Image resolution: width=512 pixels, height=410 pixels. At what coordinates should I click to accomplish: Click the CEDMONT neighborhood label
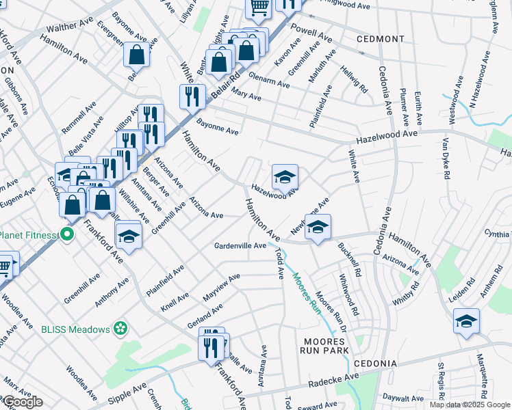[381, 39]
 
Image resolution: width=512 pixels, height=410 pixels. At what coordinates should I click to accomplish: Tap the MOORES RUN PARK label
[325, 346]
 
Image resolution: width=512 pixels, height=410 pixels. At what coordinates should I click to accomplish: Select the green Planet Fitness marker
[66, 235]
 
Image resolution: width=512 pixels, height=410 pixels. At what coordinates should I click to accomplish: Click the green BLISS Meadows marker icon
[120, 329]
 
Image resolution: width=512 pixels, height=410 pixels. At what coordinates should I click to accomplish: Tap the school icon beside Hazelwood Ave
[285, 176]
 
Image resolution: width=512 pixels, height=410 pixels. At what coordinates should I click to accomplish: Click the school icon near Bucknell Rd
[318, 227]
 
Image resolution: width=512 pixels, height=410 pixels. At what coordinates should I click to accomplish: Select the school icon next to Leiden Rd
[466, 320]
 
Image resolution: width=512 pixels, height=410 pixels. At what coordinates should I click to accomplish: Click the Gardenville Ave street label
[240, 245]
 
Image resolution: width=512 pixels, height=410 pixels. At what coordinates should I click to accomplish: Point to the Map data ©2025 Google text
[469, 405]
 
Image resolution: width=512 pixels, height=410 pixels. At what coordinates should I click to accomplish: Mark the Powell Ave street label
[311, 32]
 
